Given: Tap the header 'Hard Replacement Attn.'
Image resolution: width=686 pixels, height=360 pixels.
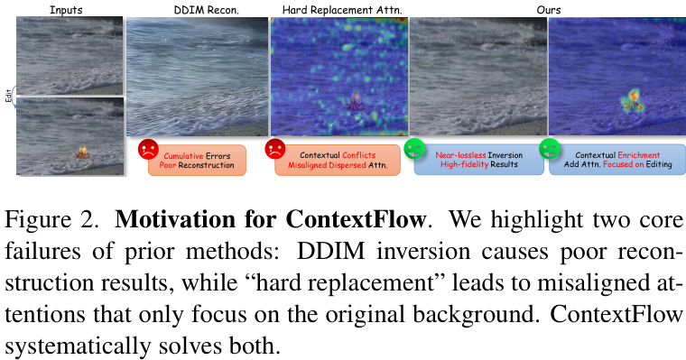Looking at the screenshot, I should coord(338,8).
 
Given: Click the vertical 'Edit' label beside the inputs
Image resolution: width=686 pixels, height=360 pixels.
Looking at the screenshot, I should coord(7,94).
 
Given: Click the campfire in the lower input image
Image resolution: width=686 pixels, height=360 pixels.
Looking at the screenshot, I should coord(83,153).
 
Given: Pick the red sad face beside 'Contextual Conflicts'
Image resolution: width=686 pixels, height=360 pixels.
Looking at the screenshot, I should coord(275,150).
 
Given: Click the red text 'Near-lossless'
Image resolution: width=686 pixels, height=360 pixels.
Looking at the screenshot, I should coord(462,154).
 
